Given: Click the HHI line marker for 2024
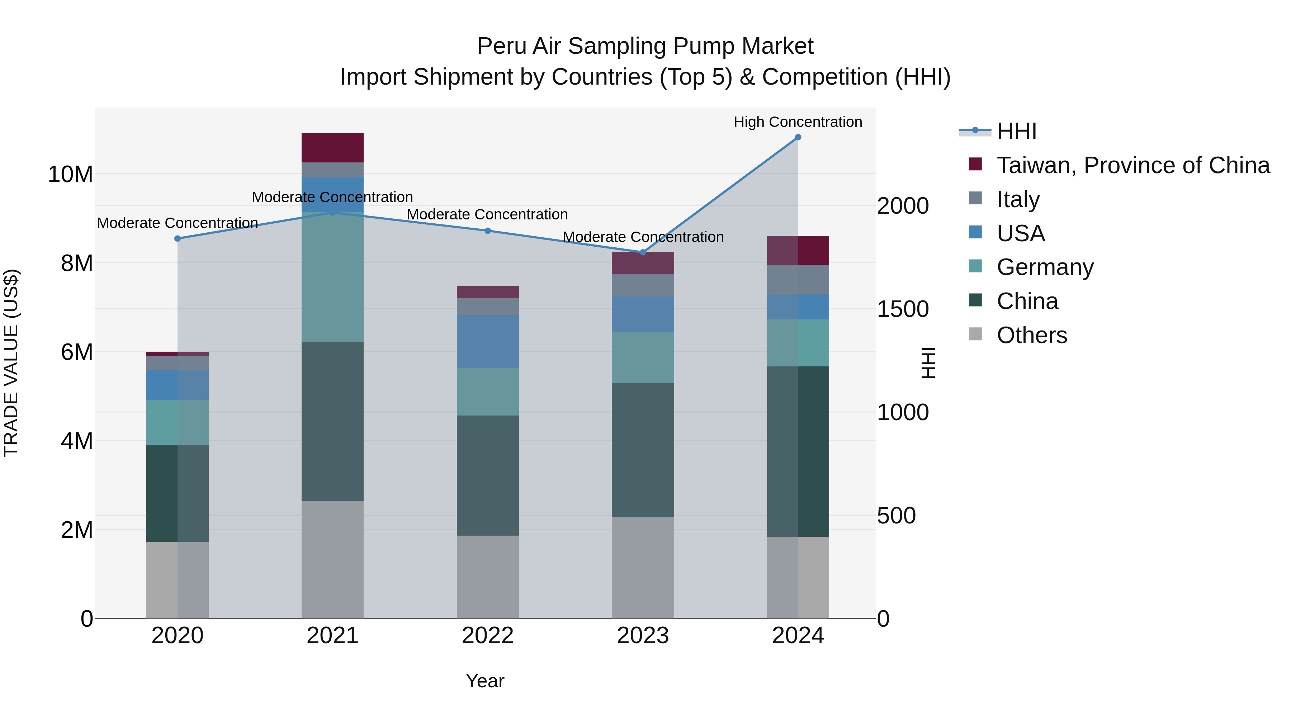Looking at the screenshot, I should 798,137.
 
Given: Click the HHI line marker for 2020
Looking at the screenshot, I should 178,238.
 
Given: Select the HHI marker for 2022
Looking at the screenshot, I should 488,231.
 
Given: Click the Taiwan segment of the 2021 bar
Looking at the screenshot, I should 332,148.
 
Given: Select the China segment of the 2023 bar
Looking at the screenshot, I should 643,450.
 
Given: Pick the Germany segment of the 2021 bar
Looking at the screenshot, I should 332,277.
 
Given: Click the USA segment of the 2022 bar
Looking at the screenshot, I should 488,342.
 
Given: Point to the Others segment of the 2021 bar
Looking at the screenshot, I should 332,559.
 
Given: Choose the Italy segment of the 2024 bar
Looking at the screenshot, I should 798,280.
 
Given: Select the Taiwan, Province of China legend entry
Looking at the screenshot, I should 1132,165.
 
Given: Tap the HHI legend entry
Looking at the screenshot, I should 1016,131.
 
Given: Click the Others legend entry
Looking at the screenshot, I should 1031,335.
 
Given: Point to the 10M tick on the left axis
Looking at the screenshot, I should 70,174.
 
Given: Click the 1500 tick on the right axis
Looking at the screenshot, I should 903,309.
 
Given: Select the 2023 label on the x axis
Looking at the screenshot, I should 643,636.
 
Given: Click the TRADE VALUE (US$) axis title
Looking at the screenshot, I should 11,363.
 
